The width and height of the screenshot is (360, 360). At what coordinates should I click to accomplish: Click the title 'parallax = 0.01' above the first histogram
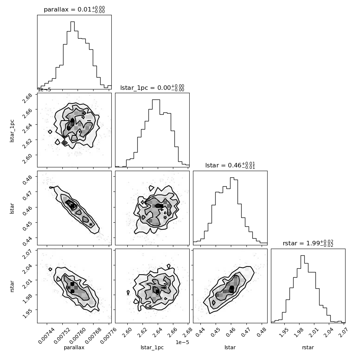click(74, 9)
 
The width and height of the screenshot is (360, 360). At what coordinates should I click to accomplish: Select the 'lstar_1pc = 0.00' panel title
click(152, 88)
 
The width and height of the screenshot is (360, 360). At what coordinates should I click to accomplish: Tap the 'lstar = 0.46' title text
click(230, 166)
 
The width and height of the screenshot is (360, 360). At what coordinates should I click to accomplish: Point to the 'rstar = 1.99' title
click(308, 243)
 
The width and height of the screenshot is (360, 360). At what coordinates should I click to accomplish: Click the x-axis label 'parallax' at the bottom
click(74, 347)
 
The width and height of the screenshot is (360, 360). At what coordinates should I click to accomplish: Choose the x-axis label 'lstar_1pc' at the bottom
click(152, 347)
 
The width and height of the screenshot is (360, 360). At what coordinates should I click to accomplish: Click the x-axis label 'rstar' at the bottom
click(308, 347)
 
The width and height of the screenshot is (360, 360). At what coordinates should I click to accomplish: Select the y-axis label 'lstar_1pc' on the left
click(12, 130)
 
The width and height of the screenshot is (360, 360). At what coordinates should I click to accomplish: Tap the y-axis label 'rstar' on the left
click(12, 286)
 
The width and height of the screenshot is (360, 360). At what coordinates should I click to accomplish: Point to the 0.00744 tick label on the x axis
click(48, 333)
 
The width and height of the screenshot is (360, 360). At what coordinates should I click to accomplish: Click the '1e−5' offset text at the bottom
click(182, 342)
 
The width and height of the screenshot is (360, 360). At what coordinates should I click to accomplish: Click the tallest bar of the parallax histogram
click(72, 56)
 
